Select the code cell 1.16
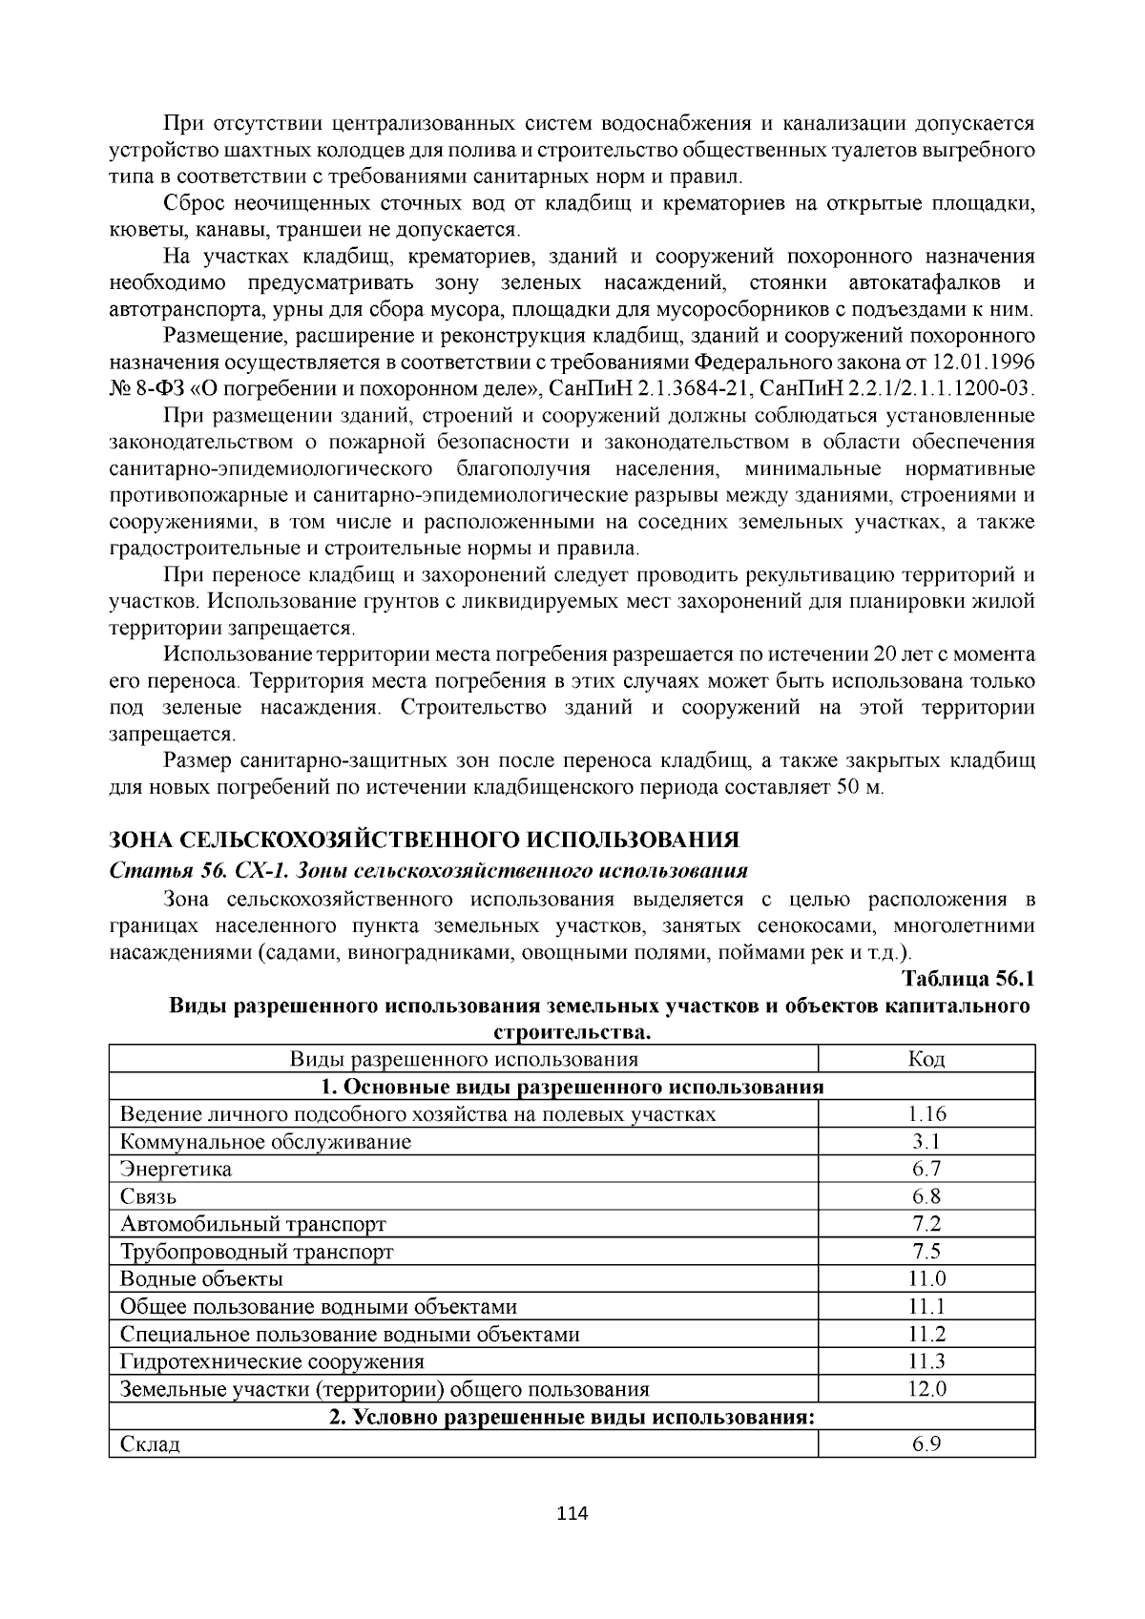[926, 1113]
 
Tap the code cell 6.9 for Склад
[926, 1443]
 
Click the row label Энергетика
[177, 1169]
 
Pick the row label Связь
[149, 1196]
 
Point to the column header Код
[926, 1059]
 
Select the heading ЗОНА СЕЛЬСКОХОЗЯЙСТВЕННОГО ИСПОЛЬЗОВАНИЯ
[426, 840]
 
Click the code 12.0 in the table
[926, 1389]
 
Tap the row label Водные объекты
[202, 1278]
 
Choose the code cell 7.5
[926, 1251]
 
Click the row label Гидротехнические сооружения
[273, 1361]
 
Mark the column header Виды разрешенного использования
[464, 1059]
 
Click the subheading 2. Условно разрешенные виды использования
[572, 1417]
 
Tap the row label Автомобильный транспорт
[254, 1224]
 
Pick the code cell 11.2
[926, 1334]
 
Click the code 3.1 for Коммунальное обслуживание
[926, 1141]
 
